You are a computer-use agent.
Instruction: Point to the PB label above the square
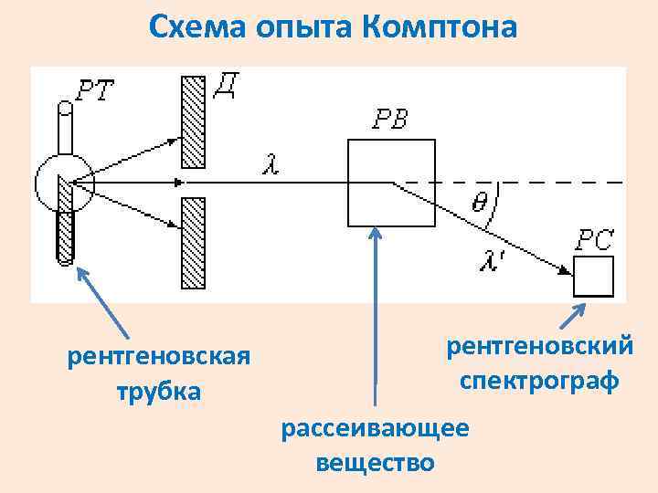(390, 120)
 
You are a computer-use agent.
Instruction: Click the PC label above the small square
(594, 239)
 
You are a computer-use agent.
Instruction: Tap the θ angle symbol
(479, 202)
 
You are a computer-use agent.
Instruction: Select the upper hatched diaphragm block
(192, 121)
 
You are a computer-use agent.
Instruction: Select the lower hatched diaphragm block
(192, 243)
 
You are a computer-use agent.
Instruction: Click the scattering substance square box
(390, 183)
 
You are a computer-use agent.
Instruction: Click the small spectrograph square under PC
(593, 277)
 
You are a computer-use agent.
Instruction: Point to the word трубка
(158, 392)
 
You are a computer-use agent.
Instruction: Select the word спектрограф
(539, 379)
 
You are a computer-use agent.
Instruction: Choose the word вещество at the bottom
(375, 462)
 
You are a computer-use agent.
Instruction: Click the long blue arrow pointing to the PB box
(375, 310)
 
